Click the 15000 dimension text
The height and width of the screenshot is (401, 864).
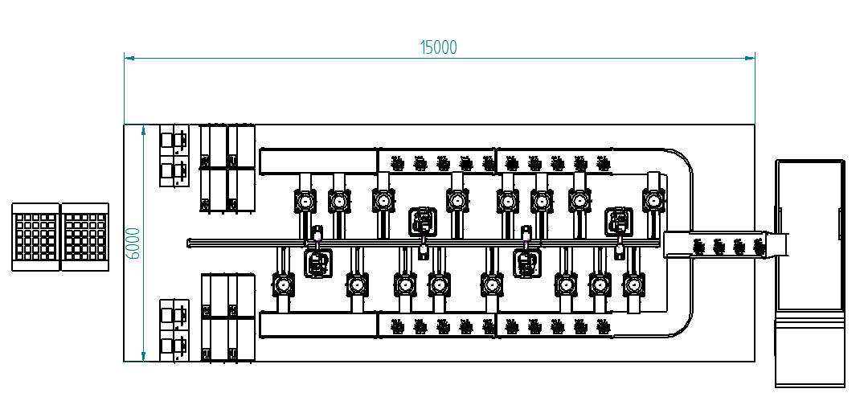(439, 47)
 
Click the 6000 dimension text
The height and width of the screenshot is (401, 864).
(134, 243)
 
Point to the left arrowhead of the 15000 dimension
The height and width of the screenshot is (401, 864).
(128, 58)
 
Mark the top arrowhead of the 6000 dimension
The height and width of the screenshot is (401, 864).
(143, 129)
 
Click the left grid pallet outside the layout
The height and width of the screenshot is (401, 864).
(35, 236)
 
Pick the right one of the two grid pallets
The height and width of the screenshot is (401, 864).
(85, 236)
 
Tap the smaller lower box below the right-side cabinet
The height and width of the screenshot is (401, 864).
(810, 350)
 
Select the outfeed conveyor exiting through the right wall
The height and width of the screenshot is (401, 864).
(727, 244)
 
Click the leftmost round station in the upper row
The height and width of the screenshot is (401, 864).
(305, 199)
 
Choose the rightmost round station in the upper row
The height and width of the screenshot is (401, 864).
(654, 199)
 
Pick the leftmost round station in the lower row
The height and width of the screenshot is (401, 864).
(283, 284)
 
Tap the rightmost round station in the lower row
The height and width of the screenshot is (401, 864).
(634, 284)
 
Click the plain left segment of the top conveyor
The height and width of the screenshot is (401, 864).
(318, 161)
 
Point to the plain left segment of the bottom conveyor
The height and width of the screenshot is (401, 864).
(318, 325)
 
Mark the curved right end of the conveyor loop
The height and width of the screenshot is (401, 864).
(683, 241)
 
